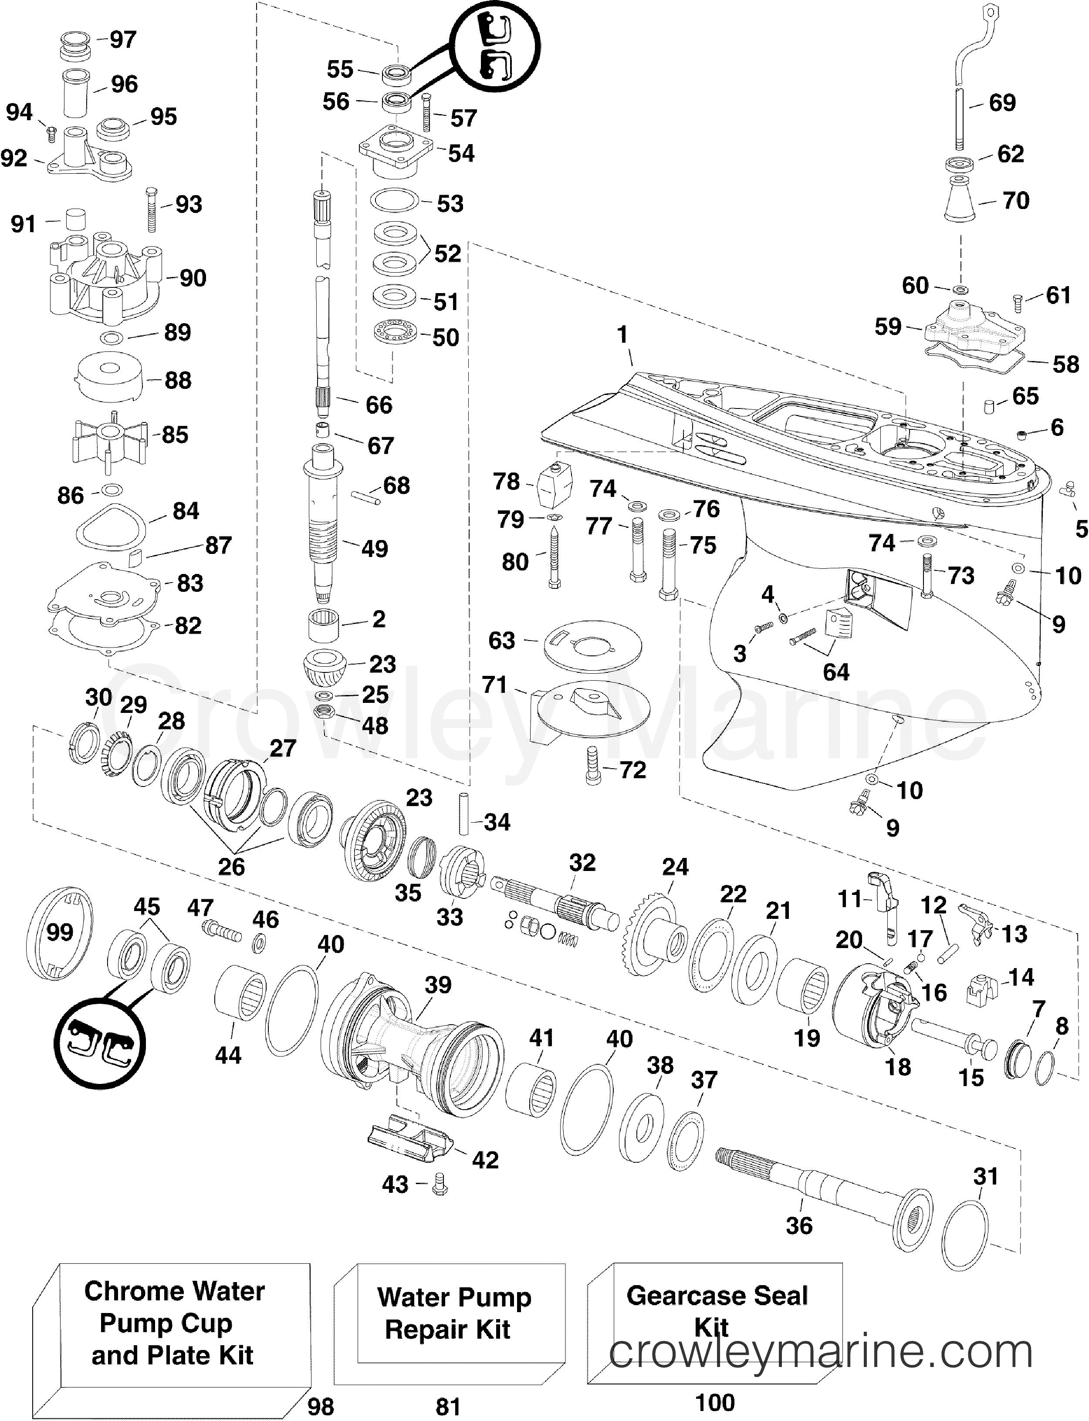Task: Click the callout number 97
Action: pyautogui.click(x=122, y=40)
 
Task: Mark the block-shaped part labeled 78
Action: pyautogui.click(x=555, y=486)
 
